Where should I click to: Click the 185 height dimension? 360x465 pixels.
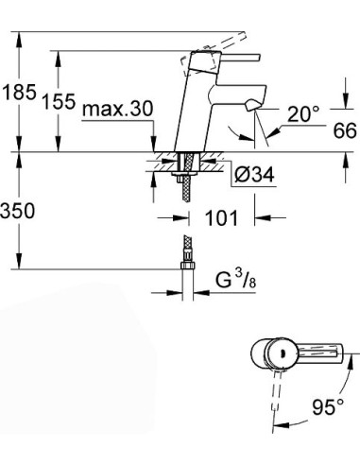point(18,94)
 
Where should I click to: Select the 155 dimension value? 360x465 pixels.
point(59,103)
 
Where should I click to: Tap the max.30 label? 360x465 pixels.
point(117,110)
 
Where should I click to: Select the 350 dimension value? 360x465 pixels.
point(18,212)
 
